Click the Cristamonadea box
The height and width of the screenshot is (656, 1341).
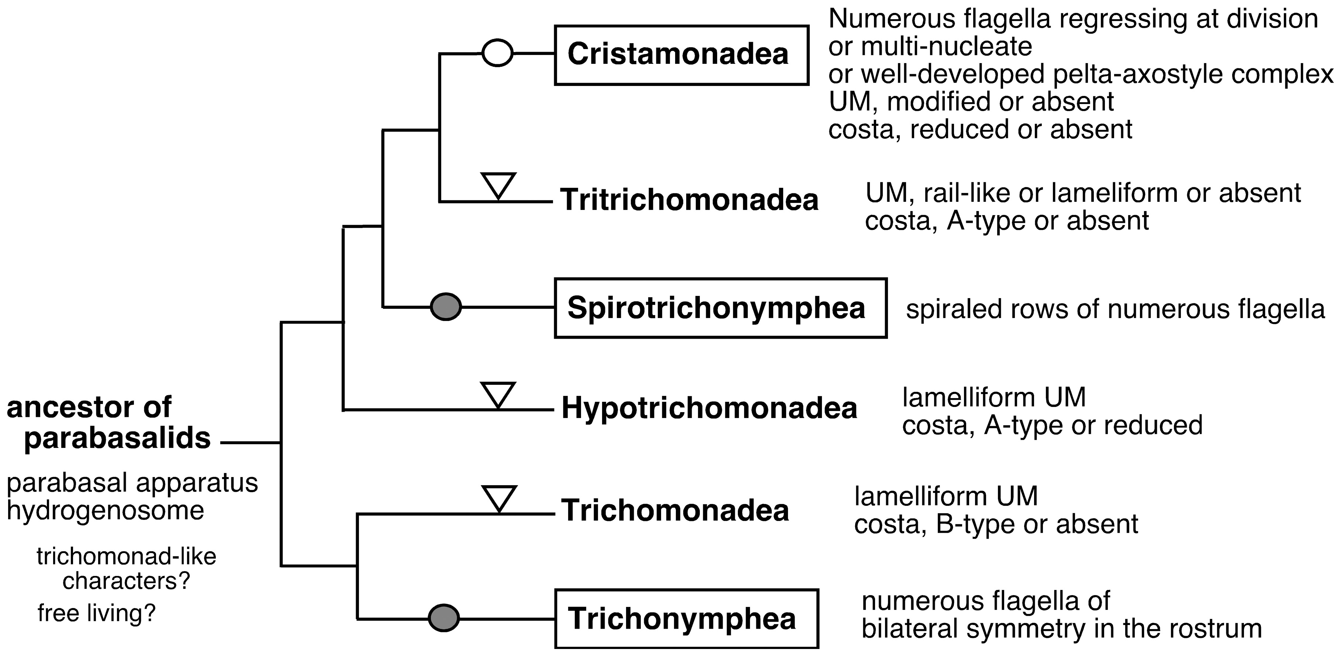coord(681,55)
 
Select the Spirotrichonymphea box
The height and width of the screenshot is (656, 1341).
coord(720,308)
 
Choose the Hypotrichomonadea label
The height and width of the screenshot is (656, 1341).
coord(709,409)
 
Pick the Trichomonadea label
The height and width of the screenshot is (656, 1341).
coord(675,511)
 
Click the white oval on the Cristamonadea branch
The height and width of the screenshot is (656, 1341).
coord(497,53)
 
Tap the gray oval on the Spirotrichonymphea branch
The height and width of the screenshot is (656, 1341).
coord(446,307)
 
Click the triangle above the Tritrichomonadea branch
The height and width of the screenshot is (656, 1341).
coord(498,184)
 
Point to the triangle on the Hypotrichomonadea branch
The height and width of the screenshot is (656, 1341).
coord(498,394)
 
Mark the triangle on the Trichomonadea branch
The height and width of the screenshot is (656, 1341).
coord(499,498)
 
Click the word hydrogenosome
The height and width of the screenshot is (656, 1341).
coord(106,510)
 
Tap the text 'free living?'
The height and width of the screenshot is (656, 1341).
coord(97,613)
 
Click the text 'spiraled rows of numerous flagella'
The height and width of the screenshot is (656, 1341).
coord(1115,309)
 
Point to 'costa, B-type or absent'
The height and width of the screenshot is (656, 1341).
coord(996,525)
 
